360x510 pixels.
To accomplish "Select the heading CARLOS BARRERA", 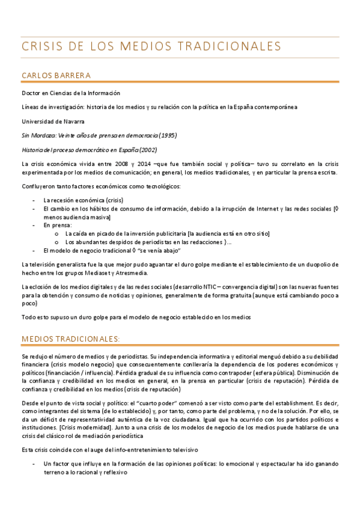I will (x=55, y=75).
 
